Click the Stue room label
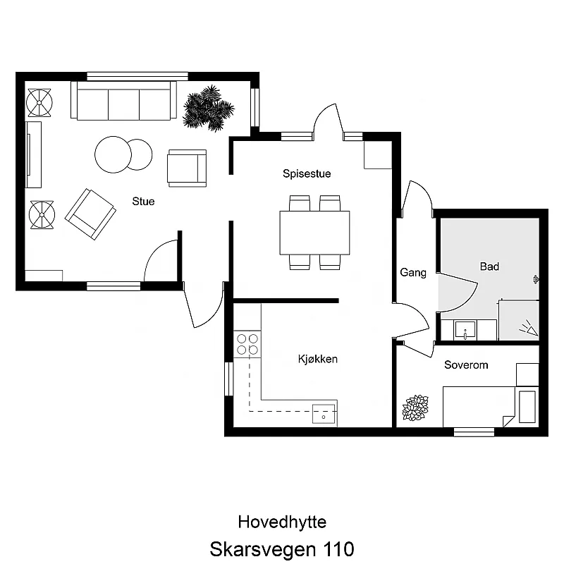point(143,201)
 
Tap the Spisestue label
point(307,173)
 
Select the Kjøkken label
point(318,359)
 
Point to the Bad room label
point(489,266)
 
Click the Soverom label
point(466,364)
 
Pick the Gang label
point(413,273)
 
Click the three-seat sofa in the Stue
point(124,100)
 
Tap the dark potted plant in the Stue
point(208,108)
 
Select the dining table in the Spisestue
point(314,233)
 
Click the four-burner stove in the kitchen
point(247,344)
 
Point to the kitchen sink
point(324,414)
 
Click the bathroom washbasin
point(465,329)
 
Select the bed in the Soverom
point(491,407)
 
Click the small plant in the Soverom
point(415,407)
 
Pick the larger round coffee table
point(113,154)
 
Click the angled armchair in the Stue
point(90,214)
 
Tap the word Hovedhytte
point(283,522)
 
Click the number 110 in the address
point(339,549)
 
